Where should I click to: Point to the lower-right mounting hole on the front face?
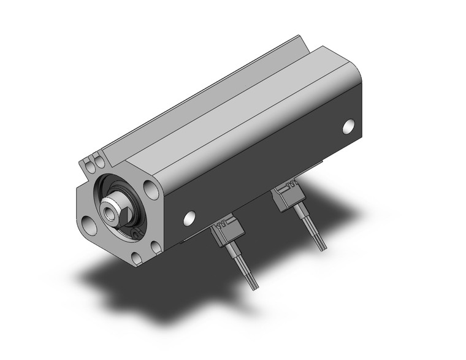(156, 247)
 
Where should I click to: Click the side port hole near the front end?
(189, 217)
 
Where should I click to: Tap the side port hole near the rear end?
(349, 126)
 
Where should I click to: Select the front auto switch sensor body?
(224, 232)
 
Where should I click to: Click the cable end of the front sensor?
(251, 283)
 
